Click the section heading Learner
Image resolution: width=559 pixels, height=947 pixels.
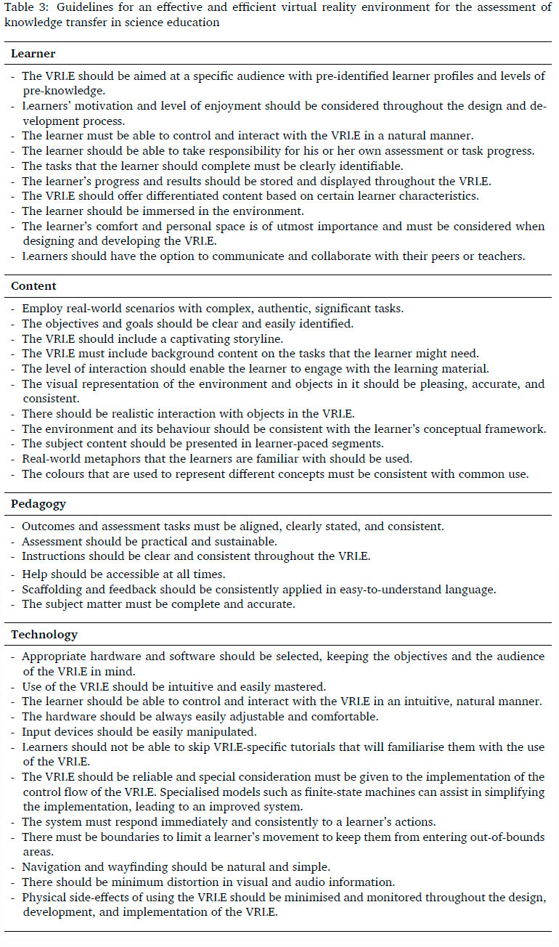(x=33, y=54)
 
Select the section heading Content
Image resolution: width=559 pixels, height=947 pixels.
(x=34, y=286)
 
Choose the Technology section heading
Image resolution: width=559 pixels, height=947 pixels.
(x=44, y=635)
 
